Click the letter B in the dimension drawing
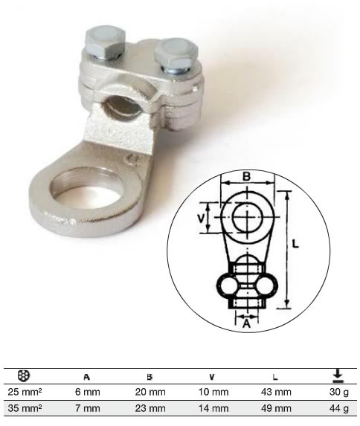[246, 176]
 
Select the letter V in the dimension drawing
[201, 219]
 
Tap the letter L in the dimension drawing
[295, 243]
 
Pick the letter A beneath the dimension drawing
[246, 324]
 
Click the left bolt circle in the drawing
[228, 286]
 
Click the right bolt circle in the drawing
[263, 286]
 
